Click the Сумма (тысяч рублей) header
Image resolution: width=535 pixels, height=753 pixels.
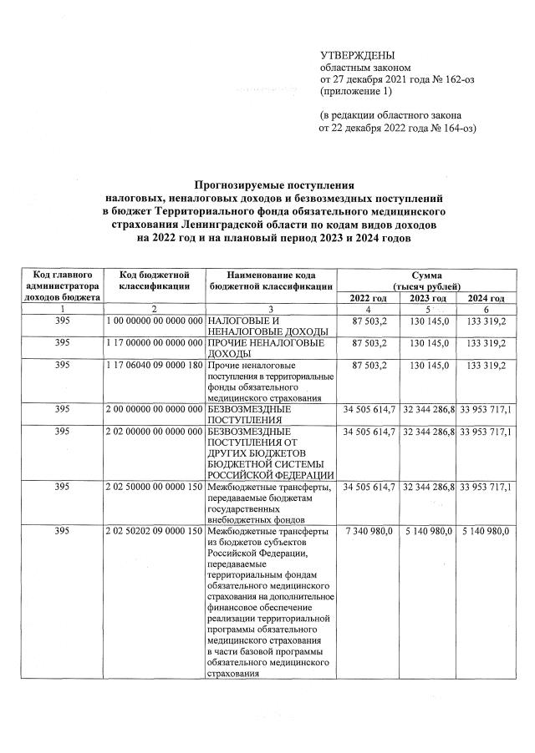point(426,280)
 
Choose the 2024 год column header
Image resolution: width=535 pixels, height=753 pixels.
point(486,298)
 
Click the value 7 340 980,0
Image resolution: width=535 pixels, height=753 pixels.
point(368,531)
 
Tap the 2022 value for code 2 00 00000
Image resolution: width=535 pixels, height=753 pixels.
point(368,410)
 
